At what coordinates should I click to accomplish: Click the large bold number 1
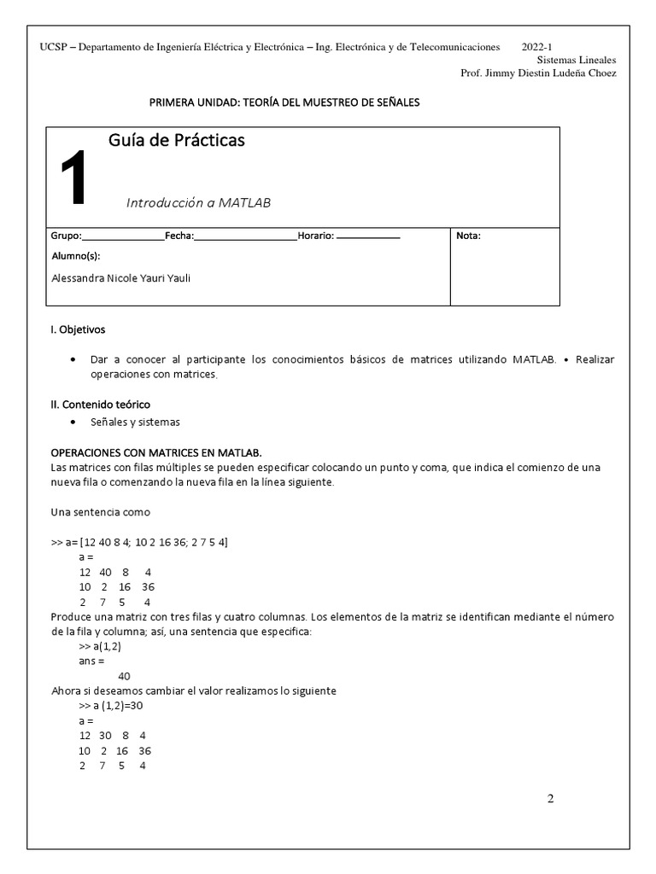point(73,178)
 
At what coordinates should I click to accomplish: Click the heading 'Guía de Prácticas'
point(177,141)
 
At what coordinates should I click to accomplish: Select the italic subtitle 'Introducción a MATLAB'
point(198,203)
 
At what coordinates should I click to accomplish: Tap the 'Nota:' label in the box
point(469,236)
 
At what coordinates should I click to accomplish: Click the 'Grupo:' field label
point(67,236)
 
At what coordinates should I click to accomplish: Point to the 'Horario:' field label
point(315,236)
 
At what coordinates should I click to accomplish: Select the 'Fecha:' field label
point(179,236)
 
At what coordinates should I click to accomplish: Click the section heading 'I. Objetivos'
point(79,329)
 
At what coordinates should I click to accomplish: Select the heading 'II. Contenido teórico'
point(101,404)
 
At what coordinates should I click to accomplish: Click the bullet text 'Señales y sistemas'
point(135,422)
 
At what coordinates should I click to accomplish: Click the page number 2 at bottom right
point(550,799)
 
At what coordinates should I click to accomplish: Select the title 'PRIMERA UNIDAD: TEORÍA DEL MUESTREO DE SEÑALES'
point(284,103)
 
